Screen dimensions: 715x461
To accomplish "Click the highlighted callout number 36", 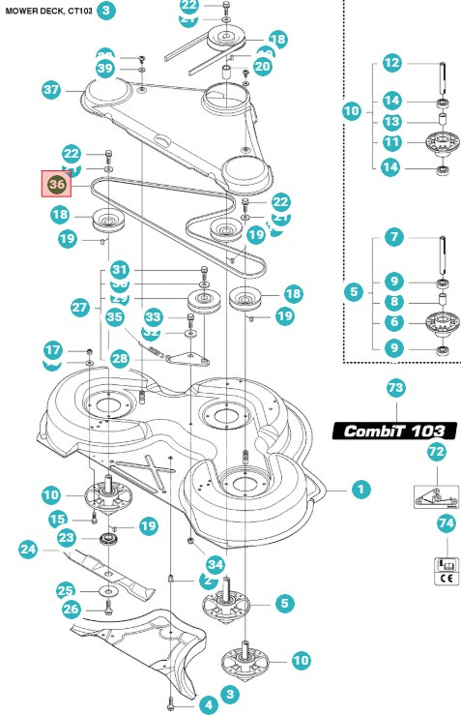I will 56,183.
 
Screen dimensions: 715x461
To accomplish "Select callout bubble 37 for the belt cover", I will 52,90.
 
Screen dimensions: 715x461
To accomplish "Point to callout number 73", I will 395,388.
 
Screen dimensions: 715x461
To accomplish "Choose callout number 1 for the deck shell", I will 360,490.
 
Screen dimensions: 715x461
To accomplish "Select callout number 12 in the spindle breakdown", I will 391,63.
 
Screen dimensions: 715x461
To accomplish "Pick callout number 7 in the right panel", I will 391,236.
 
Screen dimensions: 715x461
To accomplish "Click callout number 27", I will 80,306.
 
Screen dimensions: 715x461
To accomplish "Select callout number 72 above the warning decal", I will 437,452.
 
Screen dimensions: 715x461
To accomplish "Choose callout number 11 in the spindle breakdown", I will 391,142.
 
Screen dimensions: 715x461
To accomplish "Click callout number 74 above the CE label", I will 446,522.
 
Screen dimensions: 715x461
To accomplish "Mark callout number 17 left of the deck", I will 54,348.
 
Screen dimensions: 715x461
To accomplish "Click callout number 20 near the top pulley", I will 262,67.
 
